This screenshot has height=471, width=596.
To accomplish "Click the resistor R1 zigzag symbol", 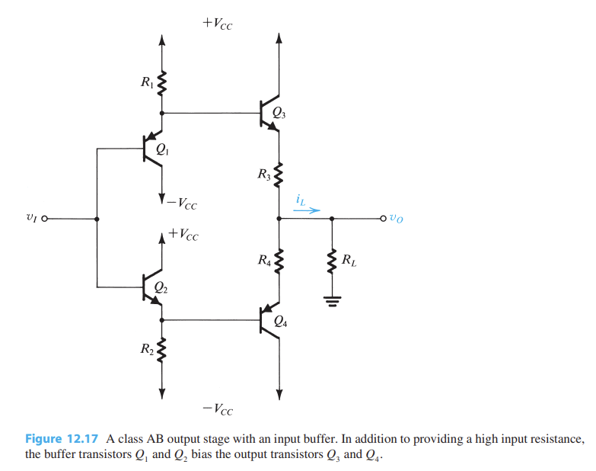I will pos(161,81).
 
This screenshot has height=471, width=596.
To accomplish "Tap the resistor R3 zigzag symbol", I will pos(279,177).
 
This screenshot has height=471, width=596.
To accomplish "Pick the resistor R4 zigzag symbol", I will pos(279,263).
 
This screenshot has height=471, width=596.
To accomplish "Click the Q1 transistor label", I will pos(162,151).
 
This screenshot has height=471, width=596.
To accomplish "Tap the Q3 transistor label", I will pos(279,114).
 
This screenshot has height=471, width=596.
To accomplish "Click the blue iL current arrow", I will pos(302,210).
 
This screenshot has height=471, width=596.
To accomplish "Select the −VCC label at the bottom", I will pos(218,410).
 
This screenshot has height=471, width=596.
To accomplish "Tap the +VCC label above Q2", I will pos(183,235).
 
